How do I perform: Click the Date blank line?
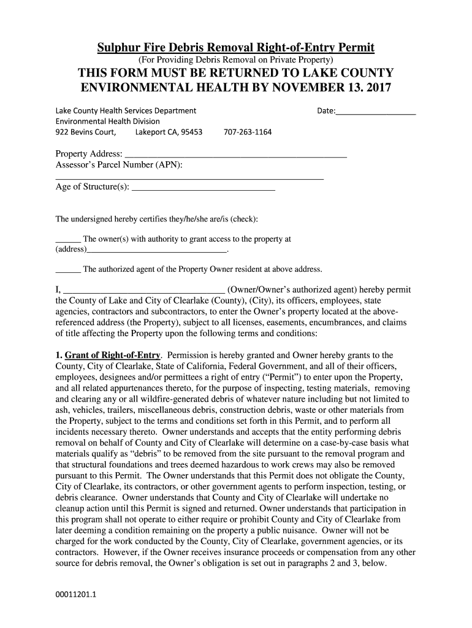tap(376, 112)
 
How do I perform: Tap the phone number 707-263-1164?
tap(248, 132)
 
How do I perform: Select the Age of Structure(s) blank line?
tap(204, 190)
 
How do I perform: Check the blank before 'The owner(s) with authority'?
tap(68, 240)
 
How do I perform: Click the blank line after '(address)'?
tap(157, 251)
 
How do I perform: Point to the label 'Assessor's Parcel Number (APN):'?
tap(119, 166)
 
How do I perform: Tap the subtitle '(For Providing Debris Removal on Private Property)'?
tap(236, 60)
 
